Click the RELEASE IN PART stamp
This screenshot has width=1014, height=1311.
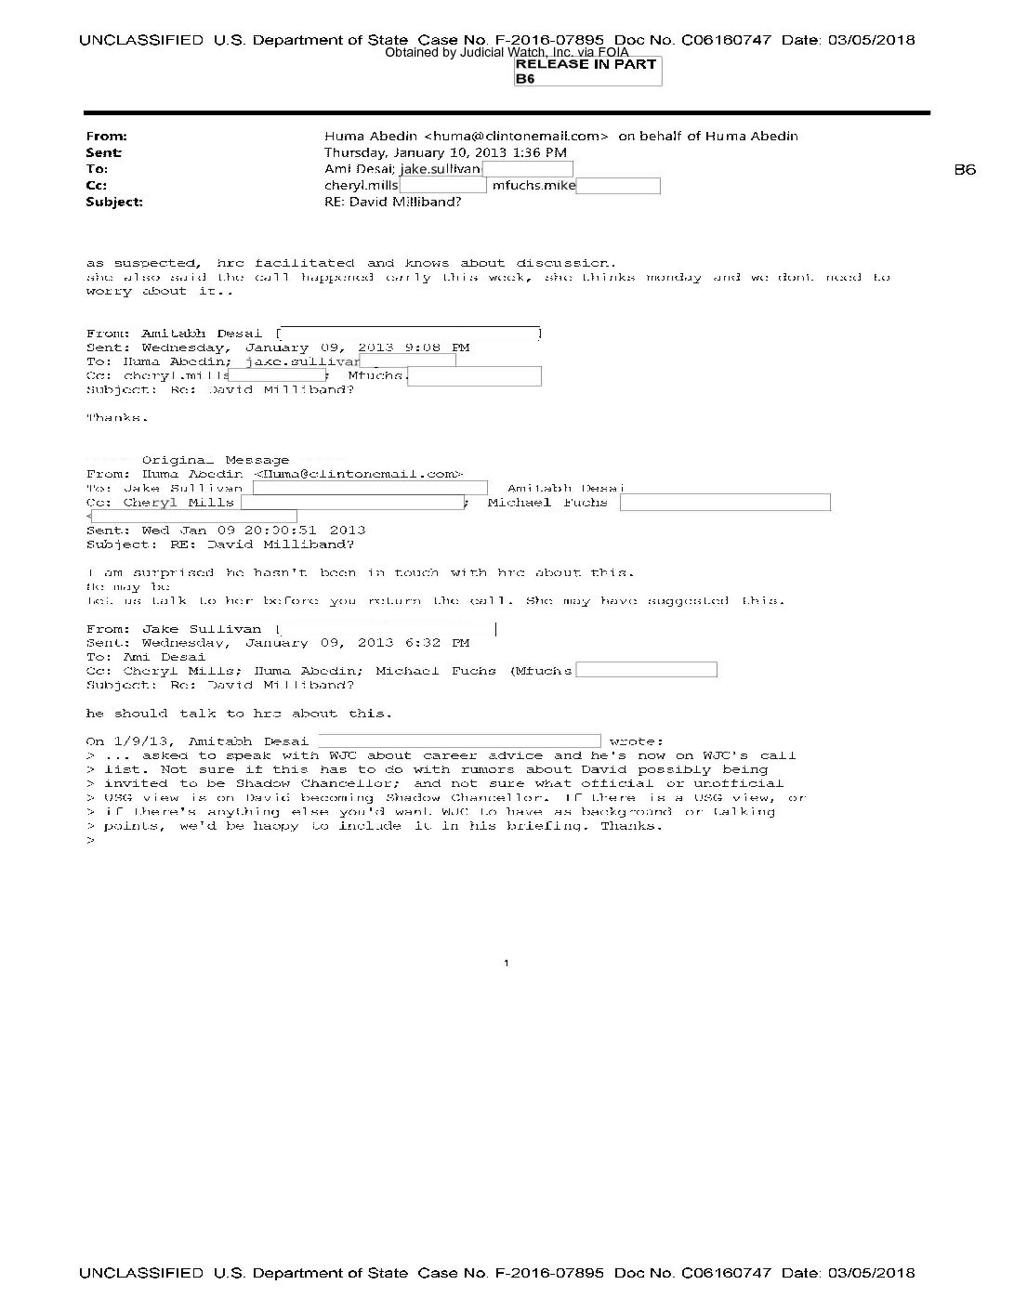point(586,64)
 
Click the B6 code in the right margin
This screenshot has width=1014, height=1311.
point(965,169)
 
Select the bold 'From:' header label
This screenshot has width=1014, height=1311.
point(106,136)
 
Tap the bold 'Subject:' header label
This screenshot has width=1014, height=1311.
point(113,202)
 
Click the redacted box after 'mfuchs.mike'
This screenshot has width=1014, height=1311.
point(618,186)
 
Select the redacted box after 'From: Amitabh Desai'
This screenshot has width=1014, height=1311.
point(410,333)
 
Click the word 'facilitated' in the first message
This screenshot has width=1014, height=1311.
point(304,263)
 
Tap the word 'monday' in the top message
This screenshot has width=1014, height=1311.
point(674,277)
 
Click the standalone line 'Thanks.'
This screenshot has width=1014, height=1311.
point(117,417)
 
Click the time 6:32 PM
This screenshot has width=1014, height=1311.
point(441,642)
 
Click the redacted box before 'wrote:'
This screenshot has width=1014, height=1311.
point(459,741)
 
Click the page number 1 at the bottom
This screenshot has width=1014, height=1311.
point(506,964)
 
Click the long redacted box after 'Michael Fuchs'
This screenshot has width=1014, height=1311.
point(725,503)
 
